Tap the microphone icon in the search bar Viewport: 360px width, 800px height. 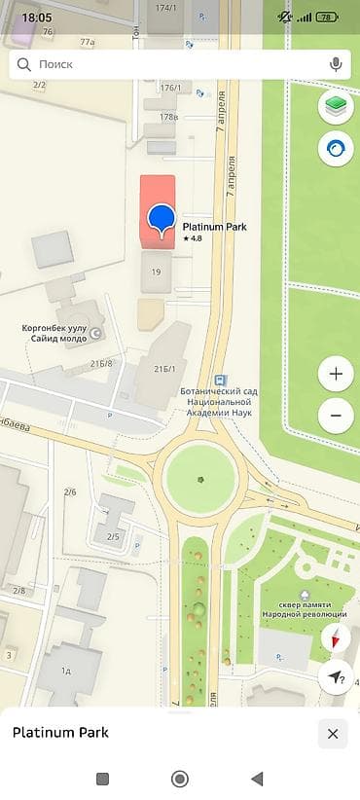pyautogui.click(x=336, y=64)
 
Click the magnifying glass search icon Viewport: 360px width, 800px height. pyautogui.click(x=23, y=64)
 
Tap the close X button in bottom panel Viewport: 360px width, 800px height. pyautogui.click(x=333, y=734)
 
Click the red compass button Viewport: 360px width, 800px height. pyautogui.click(x=336, y=638)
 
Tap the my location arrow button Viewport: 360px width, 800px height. pyautogui.click(x=336, y=677)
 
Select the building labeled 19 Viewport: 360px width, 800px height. pyautogui.click(x=156, y=273)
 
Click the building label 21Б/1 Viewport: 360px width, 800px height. pyautogui.click(x=164, y=370)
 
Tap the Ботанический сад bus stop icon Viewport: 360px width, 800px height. pyautogui.click(x=221, y=380)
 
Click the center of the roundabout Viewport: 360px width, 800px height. pyautogui.click(x=200, y=479)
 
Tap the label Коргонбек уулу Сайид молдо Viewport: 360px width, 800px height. pyautogui.click(x=54, y=334)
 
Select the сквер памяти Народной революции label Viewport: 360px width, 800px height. pyautogui.click(x=305, y=609)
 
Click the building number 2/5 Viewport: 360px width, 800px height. pyautogui.click(x=113, y=536)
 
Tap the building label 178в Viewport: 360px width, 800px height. pyautogui.click(x=169, y=117)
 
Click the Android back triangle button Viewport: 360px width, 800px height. pyautogui.click(x=257, y=779)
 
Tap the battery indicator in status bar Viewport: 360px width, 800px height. pyautogui.click(x=328, y=18)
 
